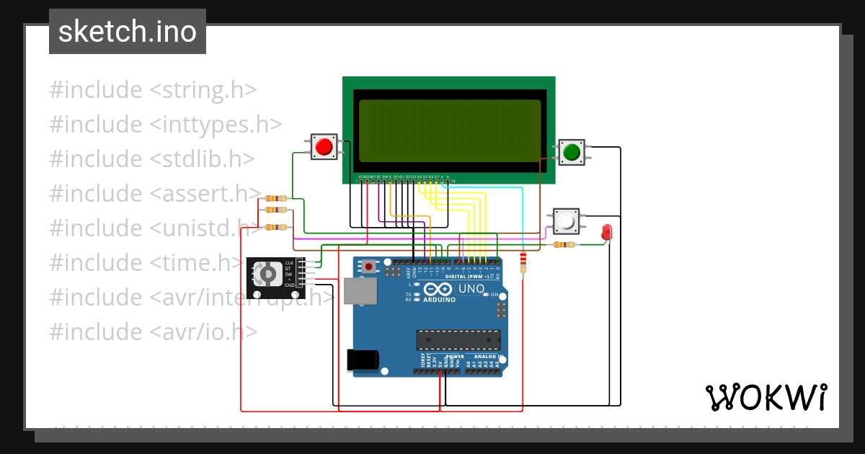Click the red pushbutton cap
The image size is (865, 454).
(x=324, y=147)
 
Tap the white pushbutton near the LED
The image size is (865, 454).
(x=565, y=221)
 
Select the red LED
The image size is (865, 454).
(x=606, y=232)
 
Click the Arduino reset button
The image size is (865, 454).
(x=370, y=267)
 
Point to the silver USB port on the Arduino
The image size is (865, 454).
(x=359, y=290)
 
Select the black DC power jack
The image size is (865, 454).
(x=363, y=360)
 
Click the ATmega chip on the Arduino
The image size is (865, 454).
(x=458, y=339)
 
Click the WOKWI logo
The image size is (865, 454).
(x=766, y=397)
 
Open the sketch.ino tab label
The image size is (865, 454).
(x=128, y=32)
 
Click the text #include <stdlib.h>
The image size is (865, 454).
(x=152, y=159)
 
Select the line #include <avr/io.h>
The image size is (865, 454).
(x=154, y=331)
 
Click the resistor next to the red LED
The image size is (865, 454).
(x=563, y=245)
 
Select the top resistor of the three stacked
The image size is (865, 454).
(x=275, y=198)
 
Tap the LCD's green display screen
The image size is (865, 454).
(x=450, y=130)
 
